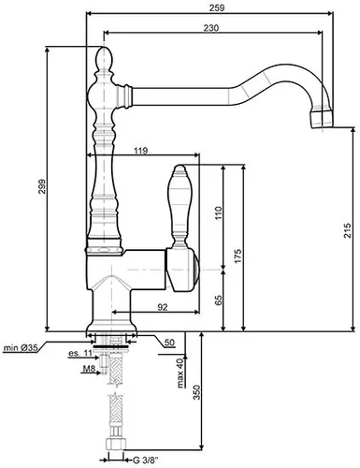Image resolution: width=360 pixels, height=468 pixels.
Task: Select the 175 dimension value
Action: click(238, 255)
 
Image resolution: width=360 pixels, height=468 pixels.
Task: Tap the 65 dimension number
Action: click(216, 300)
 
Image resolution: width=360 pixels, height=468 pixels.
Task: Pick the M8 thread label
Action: click(88, 368)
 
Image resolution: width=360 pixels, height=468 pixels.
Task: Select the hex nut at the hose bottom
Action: click(115, 459)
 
